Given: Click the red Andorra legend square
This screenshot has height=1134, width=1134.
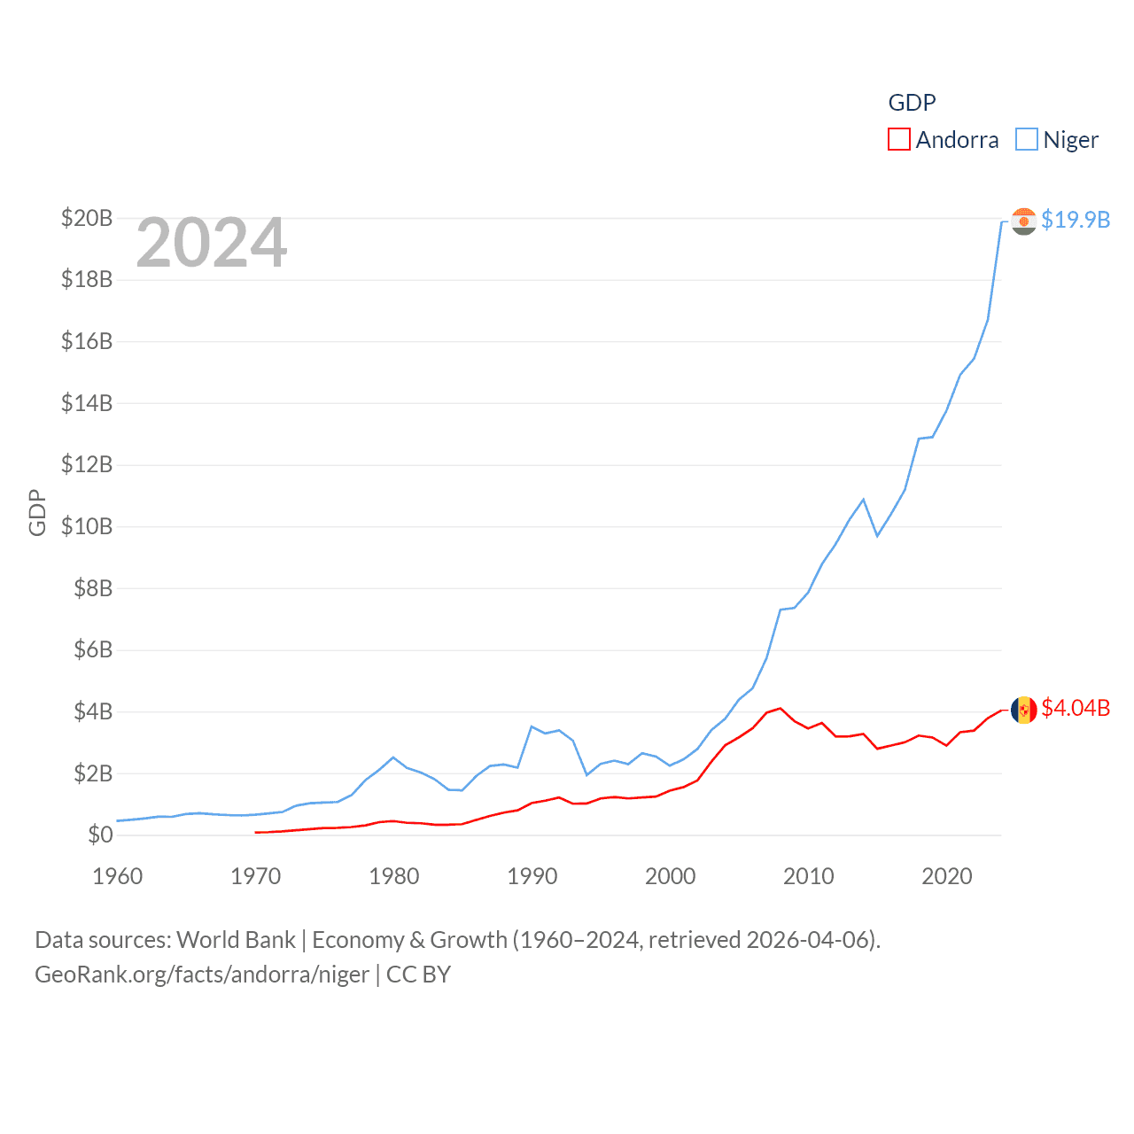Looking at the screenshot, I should click(x=898, y=140).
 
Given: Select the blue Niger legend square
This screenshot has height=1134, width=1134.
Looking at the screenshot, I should click(x=1026, y=140).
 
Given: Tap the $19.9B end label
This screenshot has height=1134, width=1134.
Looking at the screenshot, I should click(x=1076, y=220).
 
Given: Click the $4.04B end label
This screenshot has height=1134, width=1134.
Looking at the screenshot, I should click(x=1076, y=708).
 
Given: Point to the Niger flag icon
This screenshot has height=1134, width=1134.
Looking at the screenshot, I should click(x=1023, y=221).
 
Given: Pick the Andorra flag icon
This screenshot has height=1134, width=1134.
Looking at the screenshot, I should click(x=1023, y=710).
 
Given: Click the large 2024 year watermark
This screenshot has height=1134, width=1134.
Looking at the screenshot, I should click(x=212, y=243).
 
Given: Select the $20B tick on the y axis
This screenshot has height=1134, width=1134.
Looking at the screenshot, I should click(x=87, y=218).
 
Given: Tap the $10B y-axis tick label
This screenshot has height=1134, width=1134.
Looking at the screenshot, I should click(x=87, y=526).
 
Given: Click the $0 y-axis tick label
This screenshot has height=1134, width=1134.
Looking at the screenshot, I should click(x=100, y=835).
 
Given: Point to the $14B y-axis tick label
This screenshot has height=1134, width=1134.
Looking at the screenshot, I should click(x=87, y=403).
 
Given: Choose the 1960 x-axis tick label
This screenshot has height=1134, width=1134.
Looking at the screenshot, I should click(x=118, y=876).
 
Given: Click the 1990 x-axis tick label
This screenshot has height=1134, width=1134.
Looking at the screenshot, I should click(x=532, y=876).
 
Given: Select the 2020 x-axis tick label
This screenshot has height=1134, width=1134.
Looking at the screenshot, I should click(x=947, y=876).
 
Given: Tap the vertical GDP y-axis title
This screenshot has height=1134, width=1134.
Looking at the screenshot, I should click(x=37, y=512).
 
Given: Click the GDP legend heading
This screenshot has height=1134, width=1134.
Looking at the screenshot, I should click(x=912, y=103).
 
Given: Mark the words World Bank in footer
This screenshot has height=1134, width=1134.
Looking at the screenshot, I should click(x=237, y=940).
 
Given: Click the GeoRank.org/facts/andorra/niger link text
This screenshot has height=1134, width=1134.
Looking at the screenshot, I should click(x=202, y=975).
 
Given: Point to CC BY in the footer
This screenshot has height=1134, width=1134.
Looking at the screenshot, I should click(x=419, y=975).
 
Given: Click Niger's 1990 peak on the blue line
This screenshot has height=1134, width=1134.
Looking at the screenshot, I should click(x=532, y=726).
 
